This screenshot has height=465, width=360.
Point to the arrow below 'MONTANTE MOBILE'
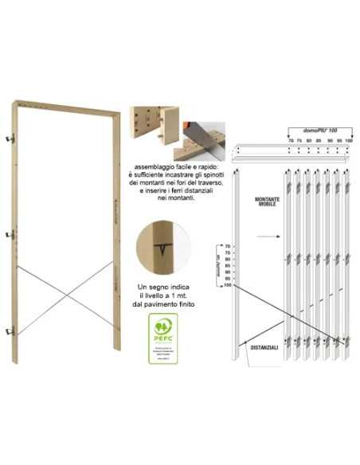(266, 236)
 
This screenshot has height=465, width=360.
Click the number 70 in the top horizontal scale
(291, 140)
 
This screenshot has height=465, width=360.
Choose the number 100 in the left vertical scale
(227, 284)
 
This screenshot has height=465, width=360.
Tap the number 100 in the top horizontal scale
(348, 140)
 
